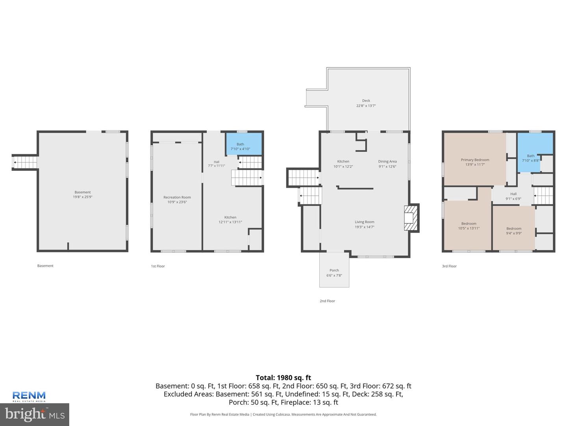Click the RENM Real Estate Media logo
tap(29, 396)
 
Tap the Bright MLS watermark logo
tap(35, 414)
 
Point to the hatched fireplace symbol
tap(411, 218)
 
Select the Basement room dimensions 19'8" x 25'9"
tap(83, 197)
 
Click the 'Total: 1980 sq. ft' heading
tap(283, 377)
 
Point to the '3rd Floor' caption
tap(449, 266)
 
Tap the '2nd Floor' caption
tap(327, 301)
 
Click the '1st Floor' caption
tap(158, 266)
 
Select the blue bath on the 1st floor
tap(244, 144)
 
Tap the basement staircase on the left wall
tap(25, 162)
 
